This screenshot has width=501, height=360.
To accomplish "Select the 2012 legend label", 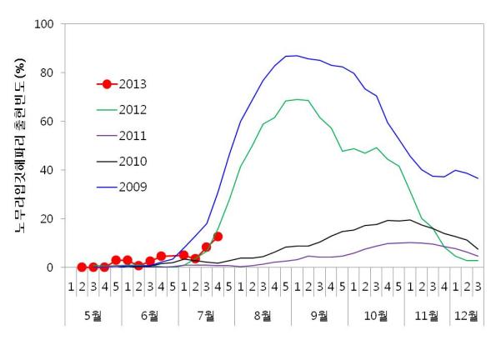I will tap(134, 110).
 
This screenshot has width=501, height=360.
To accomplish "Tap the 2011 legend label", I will tap(134, 135).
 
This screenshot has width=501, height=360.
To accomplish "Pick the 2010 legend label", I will tap(134, 161).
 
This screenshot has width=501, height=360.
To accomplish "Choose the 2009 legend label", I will tap(134, 187).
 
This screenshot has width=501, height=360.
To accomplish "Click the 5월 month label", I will tap(93, 316).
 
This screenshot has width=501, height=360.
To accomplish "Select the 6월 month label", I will tap(150, 316).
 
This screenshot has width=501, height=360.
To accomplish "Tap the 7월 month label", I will tap(207, 316).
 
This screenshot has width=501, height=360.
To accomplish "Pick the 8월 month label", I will tap(263, 316).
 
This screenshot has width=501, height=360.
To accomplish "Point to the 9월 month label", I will tap(319, 316).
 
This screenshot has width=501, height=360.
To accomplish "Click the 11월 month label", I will tap(427, 316).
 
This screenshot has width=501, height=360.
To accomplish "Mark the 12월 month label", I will tap(467, 316).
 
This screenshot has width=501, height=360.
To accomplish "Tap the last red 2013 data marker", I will tap(218, 237).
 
